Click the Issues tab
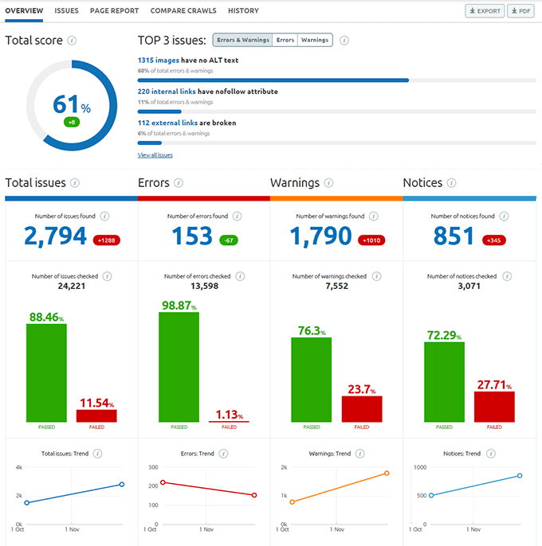click(66, 11)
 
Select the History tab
click(243, 11)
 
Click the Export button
click(485, 11)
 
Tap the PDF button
click(520, 11)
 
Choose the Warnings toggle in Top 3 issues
click(315, 40)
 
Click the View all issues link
click(155, 155)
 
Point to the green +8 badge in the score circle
click(72, 123)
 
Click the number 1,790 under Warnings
click(320, 236)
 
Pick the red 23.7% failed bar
click(362, 408)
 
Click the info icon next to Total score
click(73, 40)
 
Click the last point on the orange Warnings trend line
click(387, 474)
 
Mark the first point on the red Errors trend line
click(163, 482)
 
